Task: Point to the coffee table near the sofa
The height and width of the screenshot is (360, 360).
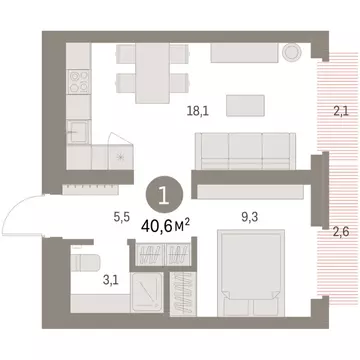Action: click(x=246, y=105)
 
